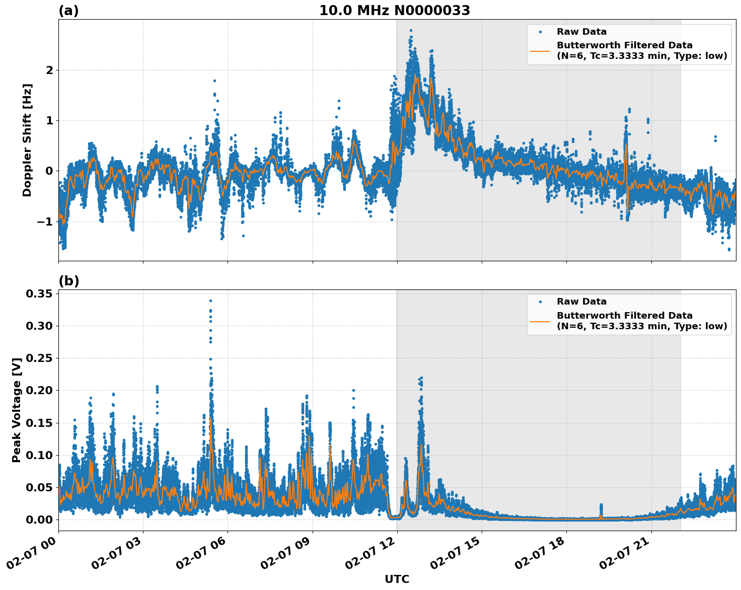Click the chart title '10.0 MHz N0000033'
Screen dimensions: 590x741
click(x=394, y=11)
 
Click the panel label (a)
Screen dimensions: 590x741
click(x=68, y=11)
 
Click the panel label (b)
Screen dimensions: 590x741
click(x=68, y=281)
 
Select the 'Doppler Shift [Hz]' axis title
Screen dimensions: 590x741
click(x=27, y=140)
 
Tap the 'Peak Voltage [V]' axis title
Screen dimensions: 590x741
click(x=17, y=410)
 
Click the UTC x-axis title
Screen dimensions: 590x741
click(x=397, y=579)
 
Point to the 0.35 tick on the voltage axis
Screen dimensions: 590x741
click(x=40, y=293)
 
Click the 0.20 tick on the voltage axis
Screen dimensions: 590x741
click(x=40, y=391)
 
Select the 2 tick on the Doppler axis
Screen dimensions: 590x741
click(x=49, y=70)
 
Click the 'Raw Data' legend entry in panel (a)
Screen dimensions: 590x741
click(x=581, y=32)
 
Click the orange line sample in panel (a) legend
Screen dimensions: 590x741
click(x=540, y=50)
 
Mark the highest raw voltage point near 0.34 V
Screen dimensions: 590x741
click(x=210, y=301)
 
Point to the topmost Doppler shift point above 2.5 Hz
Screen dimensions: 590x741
click(x=411, y=31)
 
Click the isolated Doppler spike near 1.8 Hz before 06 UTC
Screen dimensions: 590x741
click(x=214, y=81)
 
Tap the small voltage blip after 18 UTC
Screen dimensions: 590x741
click(x=601, y=505)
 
